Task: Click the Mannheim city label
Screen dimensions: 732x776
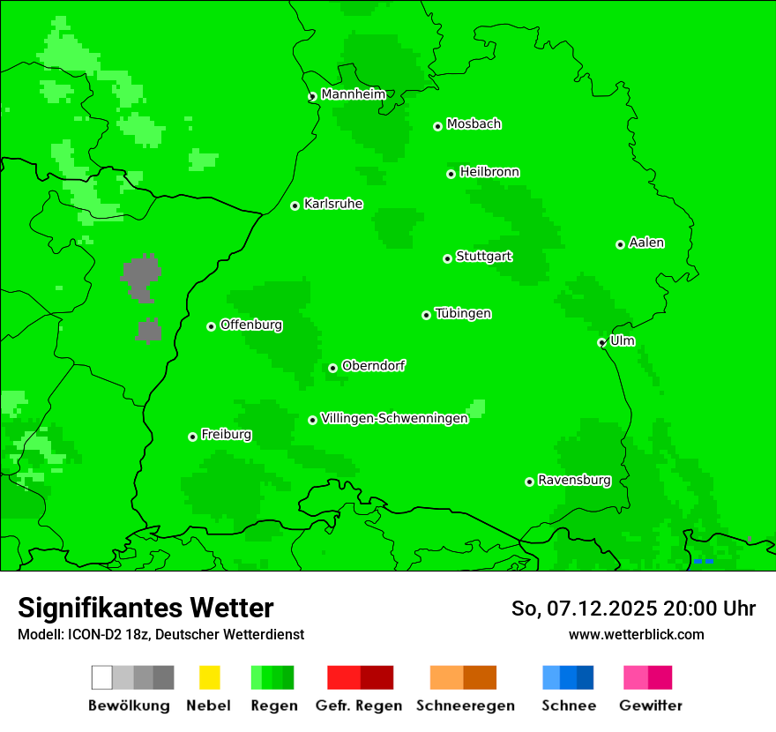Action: (353, 94)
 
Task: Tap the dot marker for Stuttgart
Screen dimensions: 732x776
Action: (448, 258)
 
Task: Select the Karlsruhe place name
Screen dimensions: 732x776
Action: (332, 204)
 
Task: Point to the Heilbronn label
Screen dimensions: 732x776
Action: (489, 172)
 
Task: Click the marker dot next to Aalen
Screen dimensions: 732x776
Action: (620, 244)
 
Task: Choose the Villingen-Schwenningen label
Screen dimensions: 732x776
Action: (394, 418)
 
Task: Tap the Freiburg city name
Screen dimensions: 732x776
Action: (226, 435)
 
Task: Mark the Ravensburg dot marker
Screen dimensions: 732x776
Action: (529, 482)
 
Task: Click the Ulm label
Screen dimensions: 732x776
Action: (622, 340)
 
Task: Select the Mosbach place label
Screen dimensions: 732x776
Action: (474, 124)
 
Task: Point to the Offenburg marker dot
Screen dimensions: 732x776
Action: (211, 326)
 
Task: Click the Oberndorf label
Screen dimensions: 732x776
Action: (373, 366)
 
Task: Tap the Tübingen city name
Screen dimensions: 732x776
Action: (463, 313)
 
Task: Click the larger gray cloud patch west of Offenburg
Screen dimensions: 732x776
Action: (141, 278)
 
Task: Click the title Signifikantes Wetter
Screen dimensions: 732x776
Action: (145, 608)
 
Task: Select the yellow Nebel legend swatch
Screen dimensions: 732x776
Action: (209, 677)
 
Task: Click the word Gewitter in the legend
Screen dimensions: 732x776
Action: (650, 706)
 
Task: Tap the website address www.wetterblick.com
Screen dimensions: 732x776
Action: (636, 634)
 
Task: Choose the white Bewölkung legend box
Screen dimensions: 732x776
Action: (102, 677)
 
